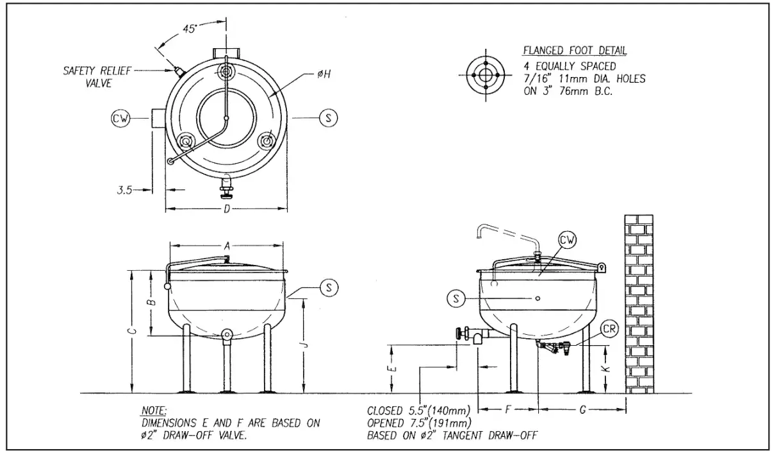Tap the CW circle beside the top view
click(x=120, y=118)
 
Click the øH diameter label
click(x=325, y=74)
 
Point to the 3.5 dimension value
click(x=124, y=190)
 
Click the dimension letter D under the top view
click(x=226, y=210)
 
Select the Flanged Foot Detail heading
click(x=575, y=51)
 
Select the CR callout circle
click(x=609, y=328)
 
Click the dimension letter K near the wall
click(x=607, y=369)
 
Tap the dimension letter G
click(x=582, y=409)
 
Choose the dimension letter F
click(x=507, y=409)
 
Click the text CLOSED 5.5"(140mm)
click(x=419, y=410)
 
